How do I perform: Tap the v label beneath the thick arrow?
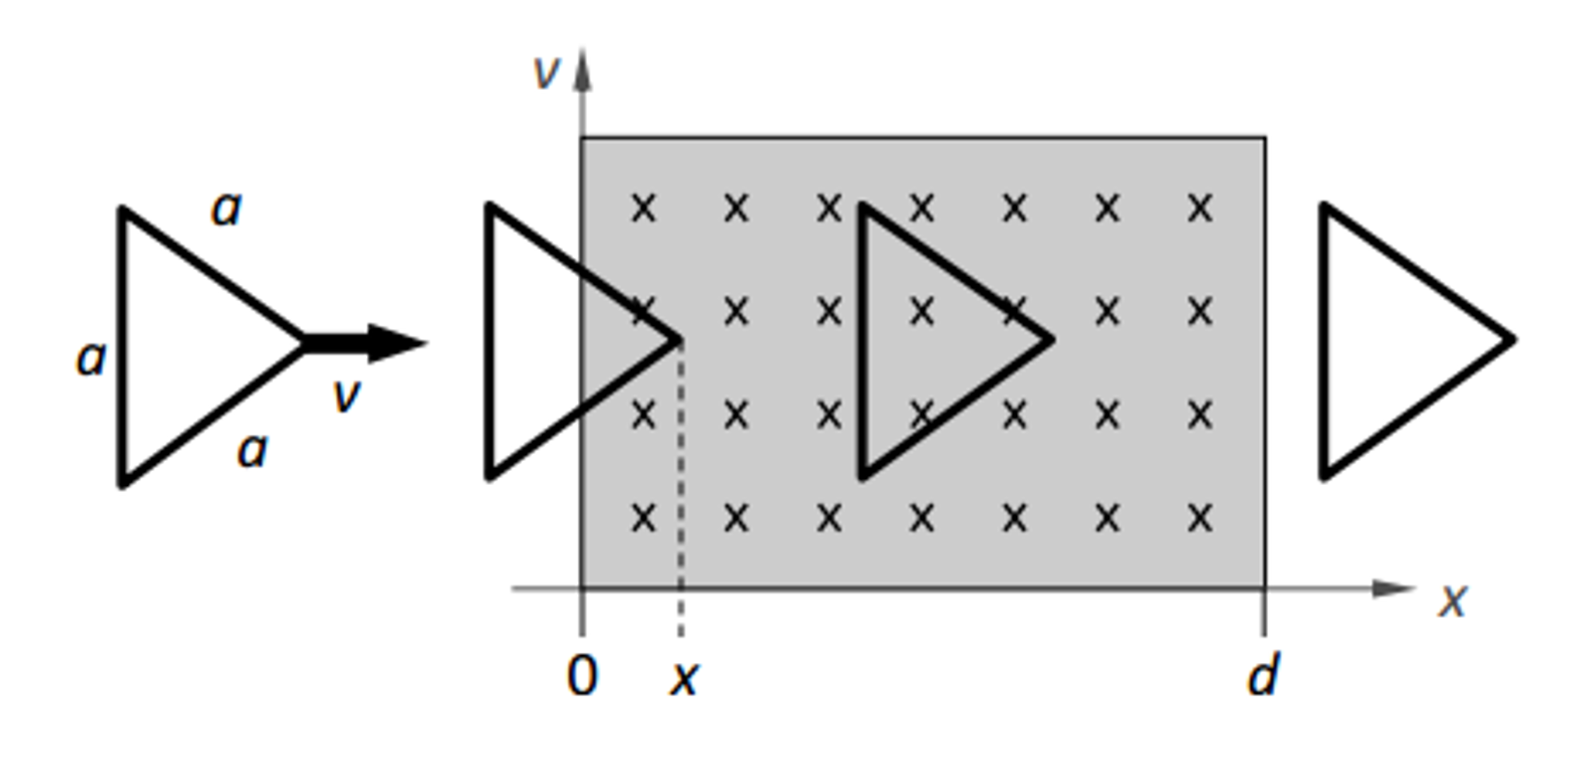pyautogui.click(x=345, y=395)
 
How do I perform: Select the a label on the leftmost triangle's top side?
pyautogui.click(x=226, y=210)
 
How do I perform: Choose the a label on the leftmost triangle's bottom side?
pyautogui.click(x=252, y=451)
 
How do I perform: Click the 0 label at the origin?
pyautogui.click(x=583, y=675)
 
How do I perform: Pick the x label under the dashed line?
pyautogui.click(x=684, y=678)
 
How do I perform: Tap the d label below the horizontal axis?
pyautogui.click(x=1264, y=675)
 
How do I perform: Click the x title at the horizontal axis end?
pyautogui.click(x=1453, y=600)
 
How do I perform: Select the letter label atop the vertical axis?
pyautogui.click(x=545, y=73)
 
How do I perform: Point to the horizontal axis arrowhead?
pyautogui.click(x=1392, y=588)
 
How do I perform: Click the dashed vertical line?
pyautogui.click(x=680, y=489)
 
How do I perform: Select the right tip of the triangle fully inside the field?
pyautogui.click(x=1050, y=339)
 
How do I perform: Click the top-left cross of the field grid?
pyautogui.click(x=644, y=208)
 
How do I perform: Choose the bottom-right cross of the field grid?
pyautogui.click(x=1199, y=517)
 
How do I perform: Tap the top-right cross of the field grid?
pyautogui.click(x=1199, y=208)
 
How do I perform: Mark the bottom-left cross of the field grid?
pyautogui.click(x=644, y=517)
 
